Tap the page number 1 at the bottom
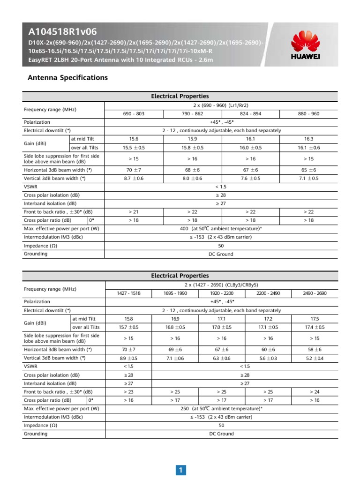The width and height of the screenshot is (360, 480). coord(180,470)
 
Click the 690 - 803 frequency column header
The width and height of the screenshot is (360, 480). coord(134,113)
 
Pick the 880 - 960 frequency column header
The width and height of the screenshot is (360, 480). coord(308,113)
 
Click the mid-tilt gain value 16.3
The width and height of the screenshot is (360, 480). coord(308,139)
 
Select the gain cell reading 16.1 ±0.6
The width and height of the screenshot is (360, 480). coord(308,148)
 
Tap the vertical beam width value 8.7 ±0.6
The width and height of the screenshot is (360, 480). coord(134,178)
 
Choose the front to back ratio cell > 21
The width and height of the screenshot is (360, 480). coord(134,212)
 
